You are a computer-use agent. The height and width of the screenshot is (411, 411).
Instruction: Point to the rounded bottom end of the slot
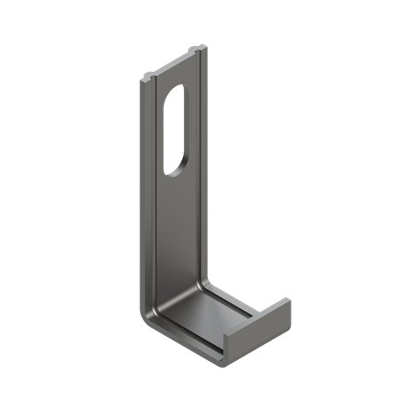point(173,169)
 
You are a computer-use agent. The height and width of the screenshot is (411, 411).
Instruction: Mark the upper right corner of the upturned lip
point(287,298)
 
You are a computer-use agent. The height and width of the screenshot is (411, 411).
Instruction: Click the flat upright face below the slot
point(177,226)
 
